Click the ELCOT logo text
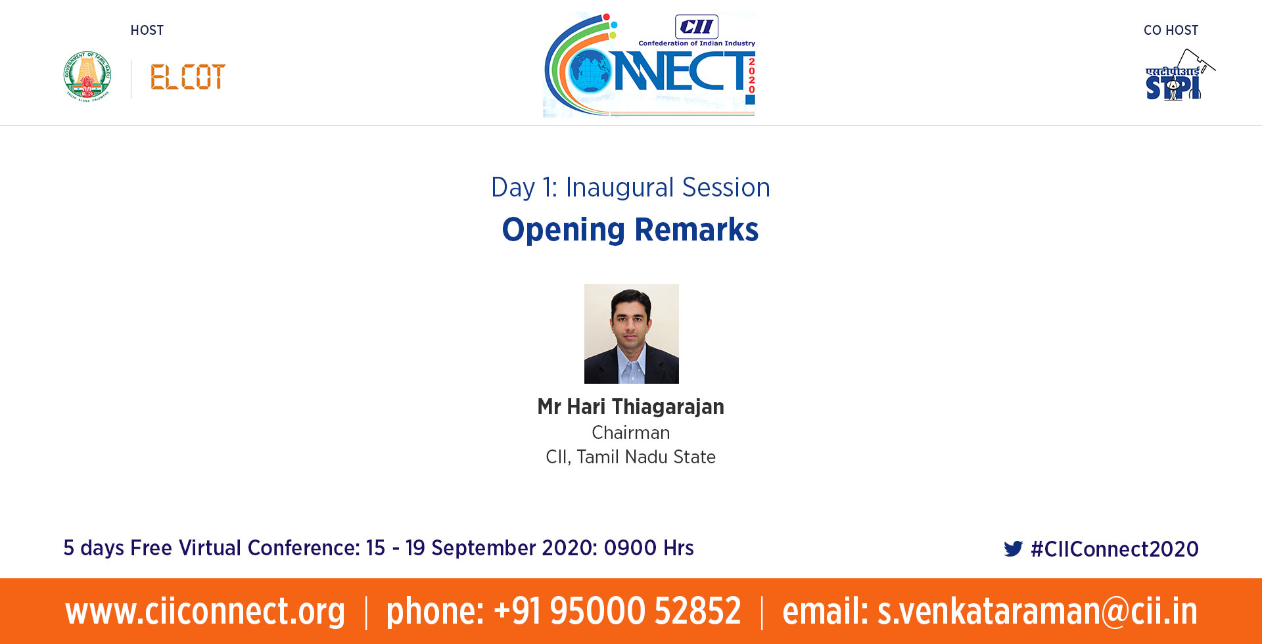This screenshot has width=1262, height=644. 188,77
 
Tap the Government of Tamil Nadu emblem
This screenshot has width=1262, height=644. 87,76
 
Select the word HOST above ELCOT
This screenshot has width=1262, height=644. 147,30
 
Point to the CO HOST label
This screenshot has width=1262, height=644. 1171,30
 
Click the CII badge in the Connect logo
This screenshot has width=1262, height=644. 697,27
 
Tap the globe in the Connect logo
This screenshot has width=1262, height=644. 591,71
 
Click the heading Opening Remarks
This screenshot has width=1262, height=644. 630,230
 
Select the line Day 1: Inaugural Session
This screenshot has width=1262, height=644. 630,187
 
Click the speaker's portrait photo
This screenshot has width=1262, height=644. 632,334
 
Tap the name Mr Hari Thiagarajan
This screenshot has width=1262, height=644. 631,407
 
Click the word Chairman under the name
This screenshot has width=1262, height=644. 631,432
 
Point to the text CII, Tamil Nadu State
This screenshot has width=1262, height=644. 631,457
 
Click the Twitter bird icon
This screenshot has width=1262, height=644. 1014,549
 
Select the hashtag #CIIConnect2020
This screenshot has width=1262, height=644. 1115,549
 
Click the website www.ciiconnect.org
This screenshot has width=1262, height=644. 205,611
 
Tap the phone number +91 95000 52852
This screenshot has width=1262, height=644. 617,610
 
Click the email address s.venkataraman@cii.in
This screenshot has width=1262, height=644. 1037,611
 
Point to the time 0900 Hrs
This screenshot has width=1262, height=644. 649,547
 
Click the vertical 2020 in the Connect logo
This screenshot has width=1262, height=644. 751,75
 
